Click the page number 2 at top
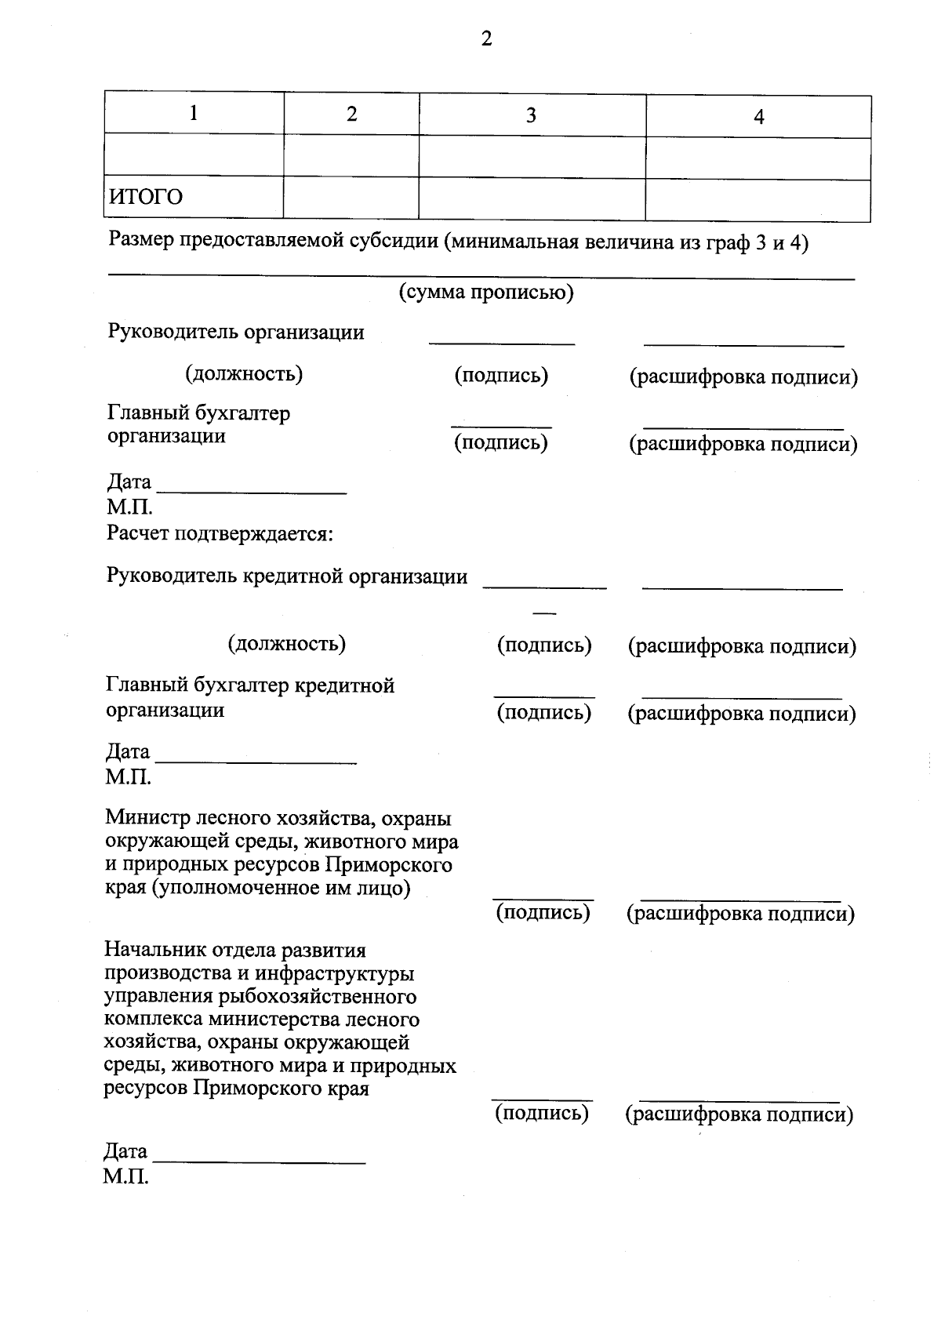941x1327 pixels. (486, 39)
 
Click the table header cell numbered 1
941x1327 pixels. (194, 114)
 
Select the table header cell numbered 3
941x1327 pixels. (531, 116)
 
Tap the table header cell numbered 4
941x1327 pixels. (758, 118)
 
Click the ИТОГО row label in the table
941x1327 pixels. (146, 197)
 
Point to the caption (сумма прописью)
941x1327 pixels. (486, 293)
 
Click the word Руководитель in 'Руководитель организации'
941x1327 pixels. (173, 332)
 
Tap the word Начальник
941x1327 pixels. (156, 951)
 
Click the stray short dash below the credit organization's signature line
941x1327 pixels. (544, 612)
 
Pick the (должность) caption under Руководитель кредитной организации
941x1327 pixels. (287, 644)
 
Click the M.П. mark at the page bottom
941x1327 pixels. (125, 1176)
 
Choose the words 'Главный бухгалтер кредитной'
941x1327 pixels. (250, 686)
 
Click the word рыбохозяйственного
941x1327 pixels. (307, 997)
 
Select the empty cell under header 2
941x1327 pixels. (351, 158)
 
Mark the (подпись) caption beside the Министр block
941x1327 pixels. (543, 913)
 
